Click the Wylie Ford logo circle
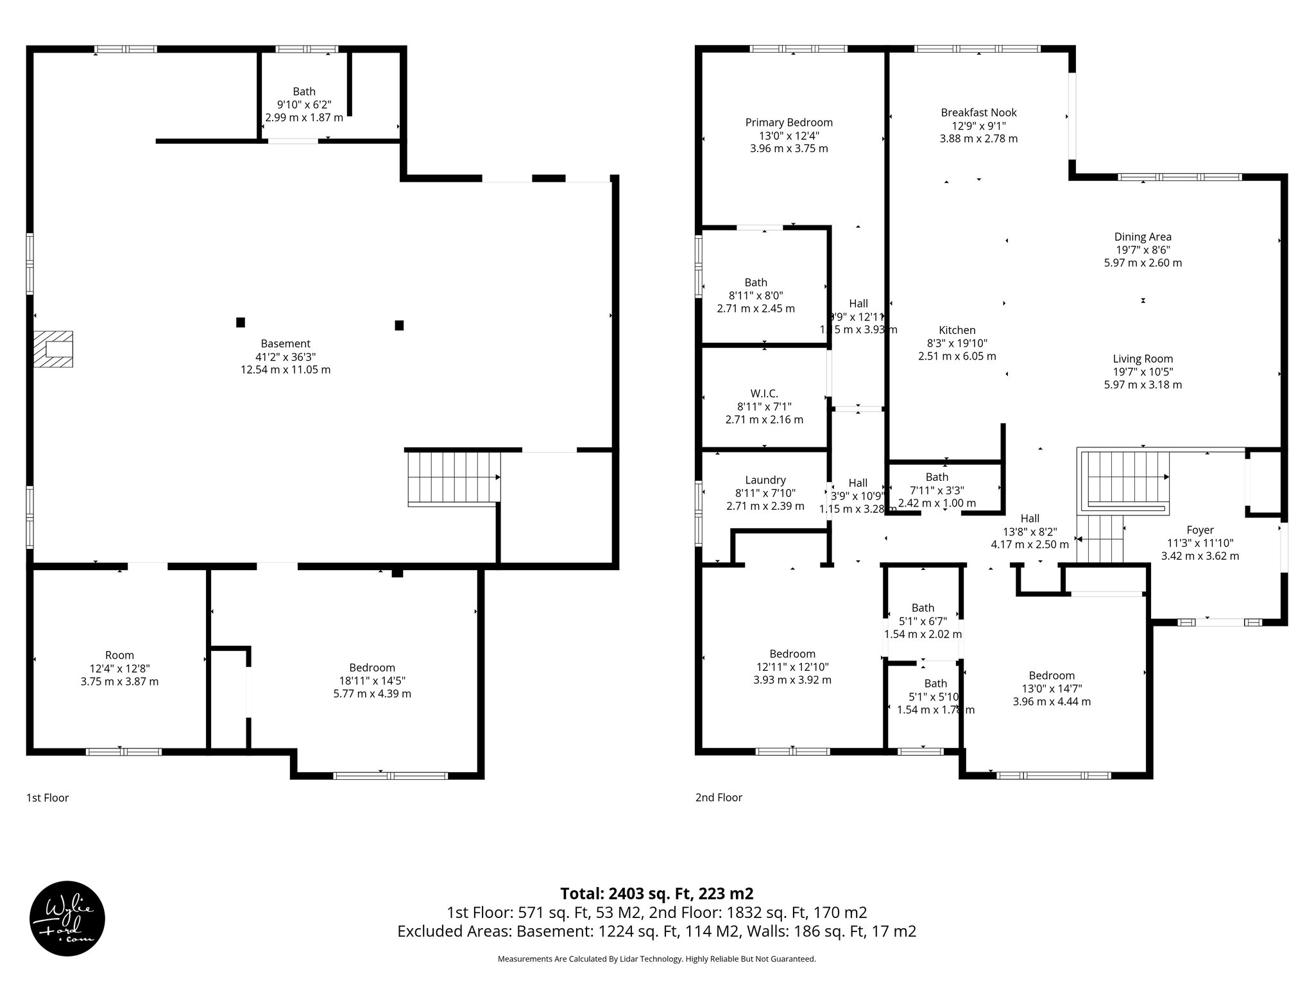click(x=67, y=918)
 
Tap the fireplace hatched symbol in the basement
click(x=54, y=349)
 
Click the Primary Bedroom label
click(x=789, y=123)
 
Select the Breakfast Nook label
click(x=978, y=112)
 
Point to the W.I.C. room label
click(x=764, y=394)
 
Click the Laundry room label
click(x=765, y=480)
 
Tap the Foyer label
click(x=1200, y=530)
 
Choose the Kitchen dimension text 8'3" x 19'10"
click(x=957, y=343)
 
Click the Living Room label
click(x=1143, y=359)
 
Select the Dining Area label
click(x=1143, y=237)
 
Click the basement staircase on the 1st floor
click(x=454, y=478)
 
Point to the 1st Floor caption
click(x=47, y=798)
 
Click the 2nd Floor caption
click(x=719, y=798)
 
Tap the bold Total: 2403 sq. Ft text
click(x=656, y=894)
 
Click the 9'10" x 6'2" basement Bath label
click(x=304, y=105)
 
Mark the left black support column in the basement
click(x=241, y=322)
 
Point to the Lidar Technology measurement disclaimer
click(x=656, y=959)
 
